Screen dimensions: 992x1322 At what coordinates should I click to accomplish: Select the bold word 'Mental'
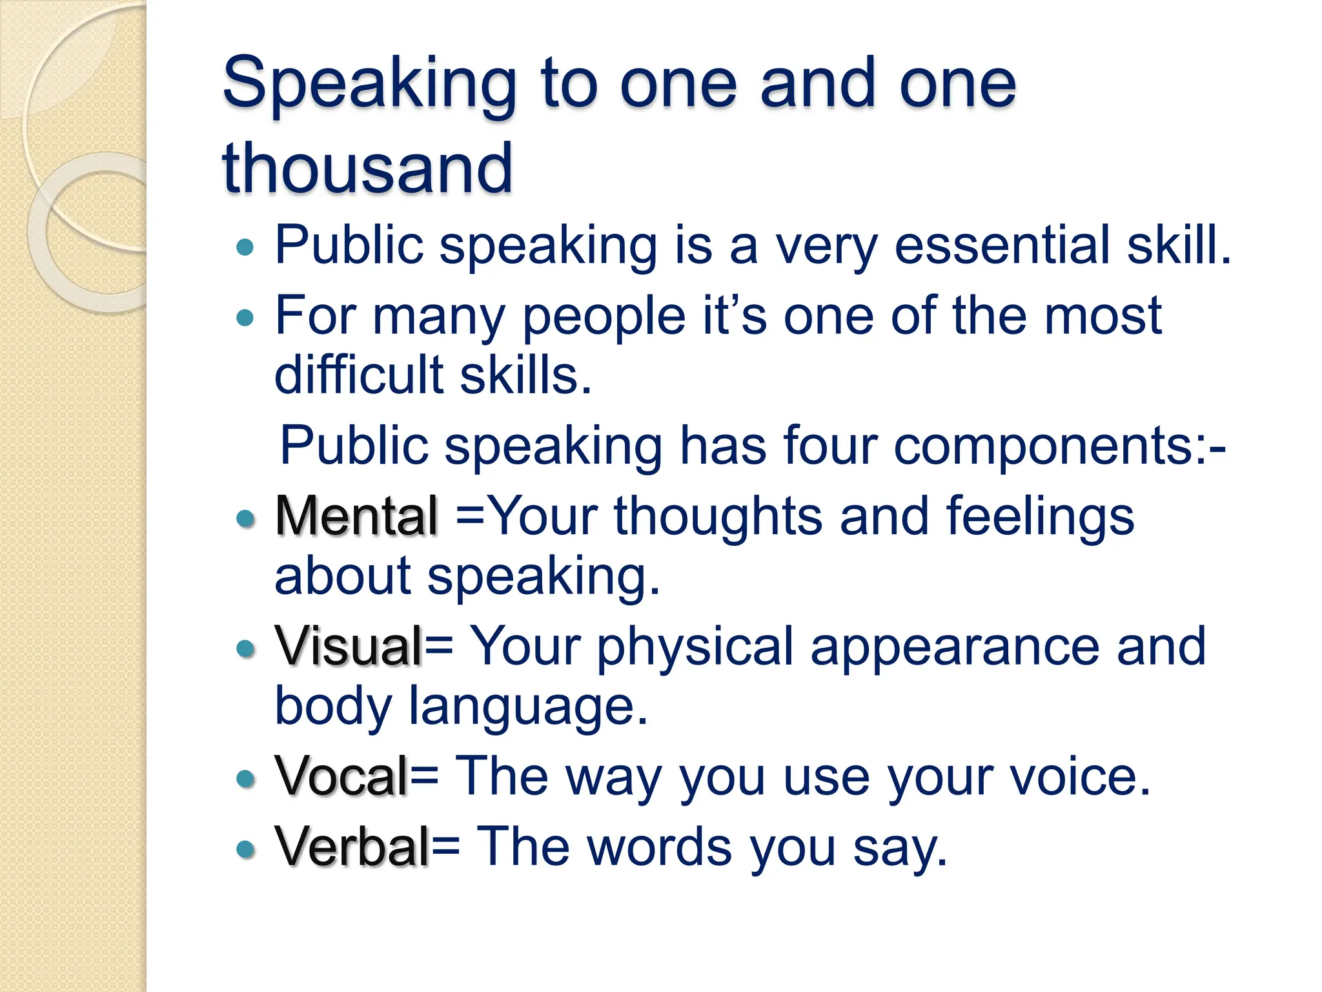[x=357, y=516]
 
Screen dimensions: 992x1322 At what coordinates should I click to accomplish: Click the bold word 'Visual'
[x=349, y=646]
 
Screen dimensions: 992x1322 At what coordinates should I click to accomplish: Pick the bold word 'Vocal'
[x=341, y=776]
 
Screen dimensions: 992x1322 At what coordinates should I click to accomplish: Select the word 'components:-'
[x=1059, y=446]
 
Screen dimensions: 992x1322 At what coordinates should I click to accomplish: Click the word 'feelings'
[x=1040, y=516]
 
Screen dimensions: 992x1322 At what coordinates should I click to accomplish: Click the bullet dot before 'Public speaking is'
[x=245, y=247]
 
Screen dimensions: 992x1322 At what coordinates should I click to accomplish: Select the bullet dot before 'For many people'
[x=245, y=317]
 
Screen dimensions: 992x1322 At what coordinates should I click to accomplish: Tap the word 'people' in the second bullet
[x=604, y=317]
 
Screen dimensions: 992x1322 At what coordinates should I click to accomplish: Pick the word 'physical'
[x=695, y=646]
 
